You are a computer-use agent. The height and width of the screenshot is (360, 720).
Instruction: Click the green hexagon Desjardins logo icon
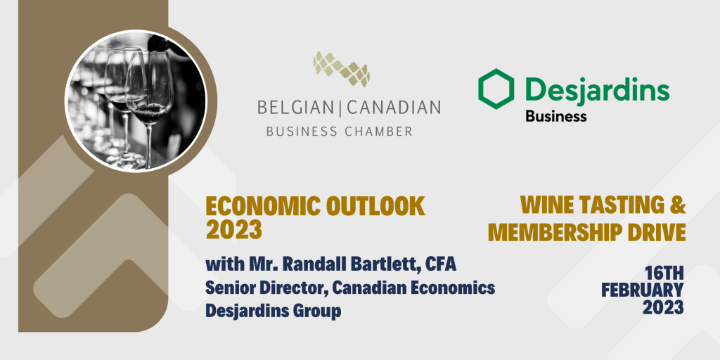coord(496,89)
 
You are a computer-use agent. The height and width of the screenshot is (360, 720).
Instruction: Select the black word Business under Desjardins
coord(556,116)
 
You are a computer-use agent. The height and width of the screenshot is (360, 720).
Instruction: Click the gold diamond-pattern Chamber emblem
coord(341,70)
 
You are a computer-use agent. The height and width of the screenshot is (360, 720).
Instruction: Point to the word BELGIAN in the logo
coord(295,108)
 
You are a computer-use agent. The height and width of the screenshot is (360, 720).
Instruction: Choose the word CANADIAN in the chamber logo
coord(394,108)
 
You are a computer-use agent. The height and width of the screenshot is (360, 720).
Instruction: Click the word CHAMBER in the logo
coord(378,131)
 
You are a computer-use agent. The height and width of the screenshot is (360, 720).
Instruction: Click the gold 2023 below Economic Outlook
coord(233,230)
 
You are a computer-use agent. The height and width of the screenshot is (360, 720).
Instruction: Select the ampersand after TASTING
coord(678,205)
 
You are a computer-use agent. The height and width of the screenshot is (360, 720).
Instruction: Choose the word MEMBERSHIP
coord(553,232)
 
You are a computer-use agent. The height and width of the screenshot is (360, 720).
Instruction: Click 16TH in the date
coord(664,274)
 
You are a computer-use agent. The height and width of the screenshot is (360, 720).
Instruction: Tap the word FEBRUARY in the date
coord(643,290)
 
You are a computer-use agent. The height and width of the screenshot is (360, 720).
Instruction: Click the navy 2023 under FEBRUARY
coord(664,307)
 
